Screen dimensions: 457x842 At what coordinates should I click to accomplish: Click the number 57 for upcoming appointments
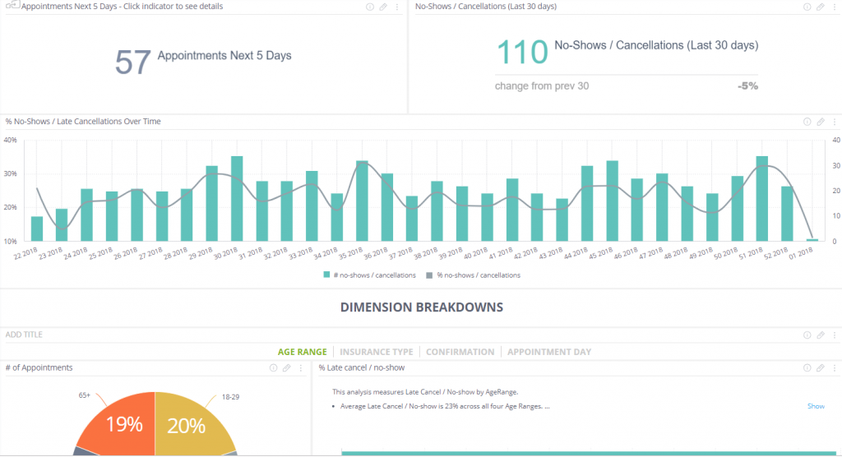pos(132,62)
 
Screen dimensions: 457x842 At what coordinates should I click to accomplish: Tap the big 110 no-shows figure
pos(522,52)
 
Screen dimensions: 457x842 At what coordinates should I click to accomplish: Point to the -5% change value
pos(747,85)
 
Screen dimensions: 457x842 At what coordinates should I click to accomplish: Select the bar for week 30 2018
pos(237,199)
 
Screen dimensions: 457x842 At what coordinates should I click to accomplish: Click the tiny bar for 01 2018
pos(812,240)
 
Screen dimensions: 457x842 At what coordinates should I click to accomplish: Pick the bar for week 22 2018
pos(37,228)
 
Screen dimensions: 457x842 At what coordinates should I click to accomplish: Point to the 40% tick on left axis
pos(10,140)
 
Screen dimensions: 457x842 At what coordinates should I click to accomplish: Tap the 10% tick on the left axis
pos(10,242)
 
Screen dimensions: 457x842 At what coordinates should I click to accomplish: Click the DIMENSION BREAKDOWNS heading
pos(421,307)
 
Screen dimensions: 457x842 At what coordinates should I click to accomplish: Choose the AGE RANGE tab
pos(302,352)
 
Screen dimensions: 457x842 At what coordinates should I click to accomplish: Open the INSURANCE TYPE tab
pos(377,352)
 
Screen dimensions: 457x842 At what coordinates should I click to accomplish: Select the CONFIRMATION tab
pos(460,352)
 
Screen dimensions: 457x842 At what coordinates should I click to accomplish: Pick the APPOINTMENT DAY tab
pos(548,352)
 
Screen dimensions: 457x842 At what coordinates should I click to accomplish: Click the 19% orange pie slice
pos(124,424)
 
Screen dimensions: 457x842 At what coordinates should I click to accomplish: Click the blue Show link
pos(816,406)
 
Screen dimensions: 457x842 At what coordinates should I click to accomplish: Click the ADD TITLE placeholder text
pos(24,335)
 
